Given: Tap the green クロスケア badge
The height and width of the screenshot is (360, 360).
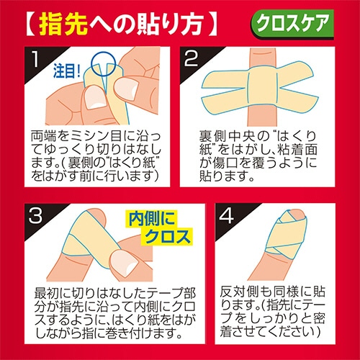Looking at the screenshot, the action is (292, 24).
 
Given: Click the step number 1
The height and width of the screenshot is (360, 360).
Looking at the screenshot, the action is (35, 59).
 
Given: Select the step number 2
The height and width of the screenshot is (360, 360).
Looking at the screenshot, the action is (191, 58).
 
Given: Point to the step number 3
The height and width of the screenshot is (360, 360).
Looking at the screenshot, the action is (35, 215).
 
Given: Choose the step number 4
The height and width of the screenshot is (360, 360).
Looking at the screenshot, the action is (226, 215).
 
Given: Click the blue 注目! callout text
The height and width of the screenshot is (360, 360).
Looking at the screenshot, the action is (67, 71).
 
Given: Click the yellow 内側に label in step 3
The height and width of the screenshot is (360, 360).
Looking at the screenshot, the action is (151, 219).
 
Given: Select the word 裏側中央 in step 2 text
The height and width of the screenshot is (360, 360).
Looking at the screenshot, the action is (228, 137).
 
